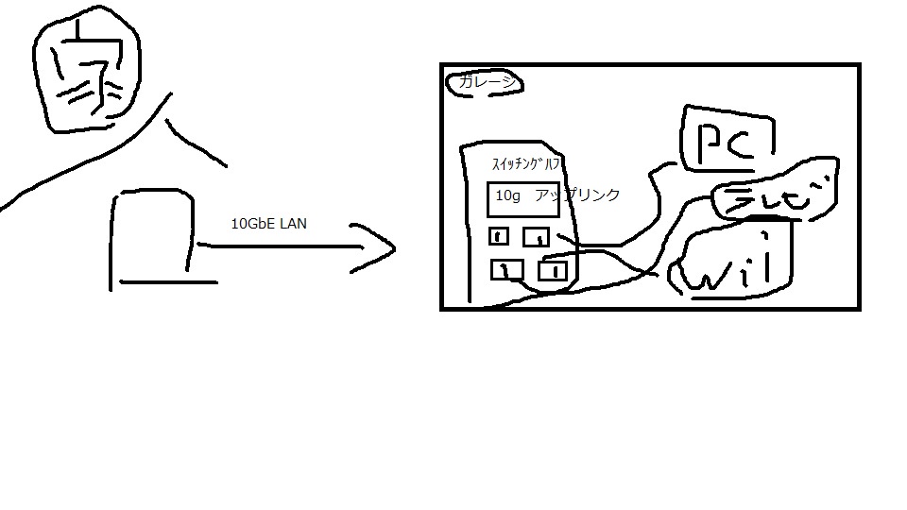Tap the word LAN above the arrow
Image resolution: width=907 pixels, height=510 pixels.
tap(293, 225)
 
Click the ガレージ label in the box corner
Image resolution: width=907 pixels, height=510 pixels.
tap(486, 83)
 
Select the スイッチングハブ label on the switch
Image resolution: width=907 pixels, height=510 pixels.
tap(526, 163)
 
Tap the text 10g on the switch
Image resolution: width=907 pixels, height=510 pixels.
tap(508, 195)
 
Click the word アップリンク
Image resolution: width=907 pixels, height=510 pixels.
tap(577, 195)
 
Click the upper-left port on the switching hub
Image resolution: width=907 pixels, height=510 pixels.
tap(500, 236)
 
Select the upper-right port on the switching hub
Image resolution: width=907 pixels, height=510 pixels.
tap(537, 237)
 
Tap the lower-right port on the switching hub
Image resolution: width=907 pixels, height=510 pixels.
tap(553, 272)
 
